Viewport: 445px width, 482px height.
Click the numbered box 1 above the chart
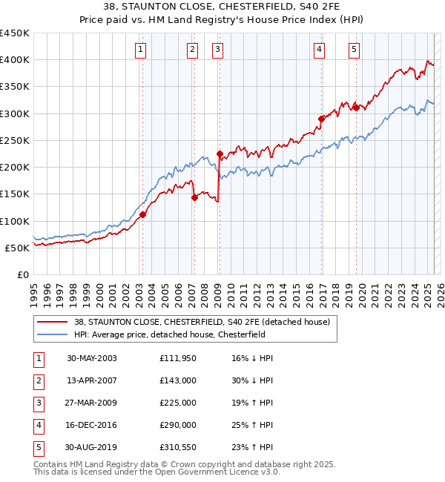click(x=140, y=50)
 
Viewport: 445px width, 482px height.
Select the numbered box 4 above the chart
click(x=319, y=50)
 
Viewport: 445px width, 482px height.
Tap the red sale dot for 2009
click(x=220, y=153)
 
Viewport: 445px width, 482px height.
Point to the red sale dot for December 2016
click(x=321, y=119)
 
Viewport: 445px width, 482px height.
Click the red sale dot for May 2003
click(x=142, y=214)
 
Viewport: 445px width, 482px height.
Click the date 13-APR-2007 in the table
click(x=91, y=380)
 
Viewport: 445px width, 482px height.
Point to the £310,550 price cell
click(x=177, y=447)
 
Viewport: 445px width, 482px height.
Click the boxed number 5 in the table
click(x=38, y=447)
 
